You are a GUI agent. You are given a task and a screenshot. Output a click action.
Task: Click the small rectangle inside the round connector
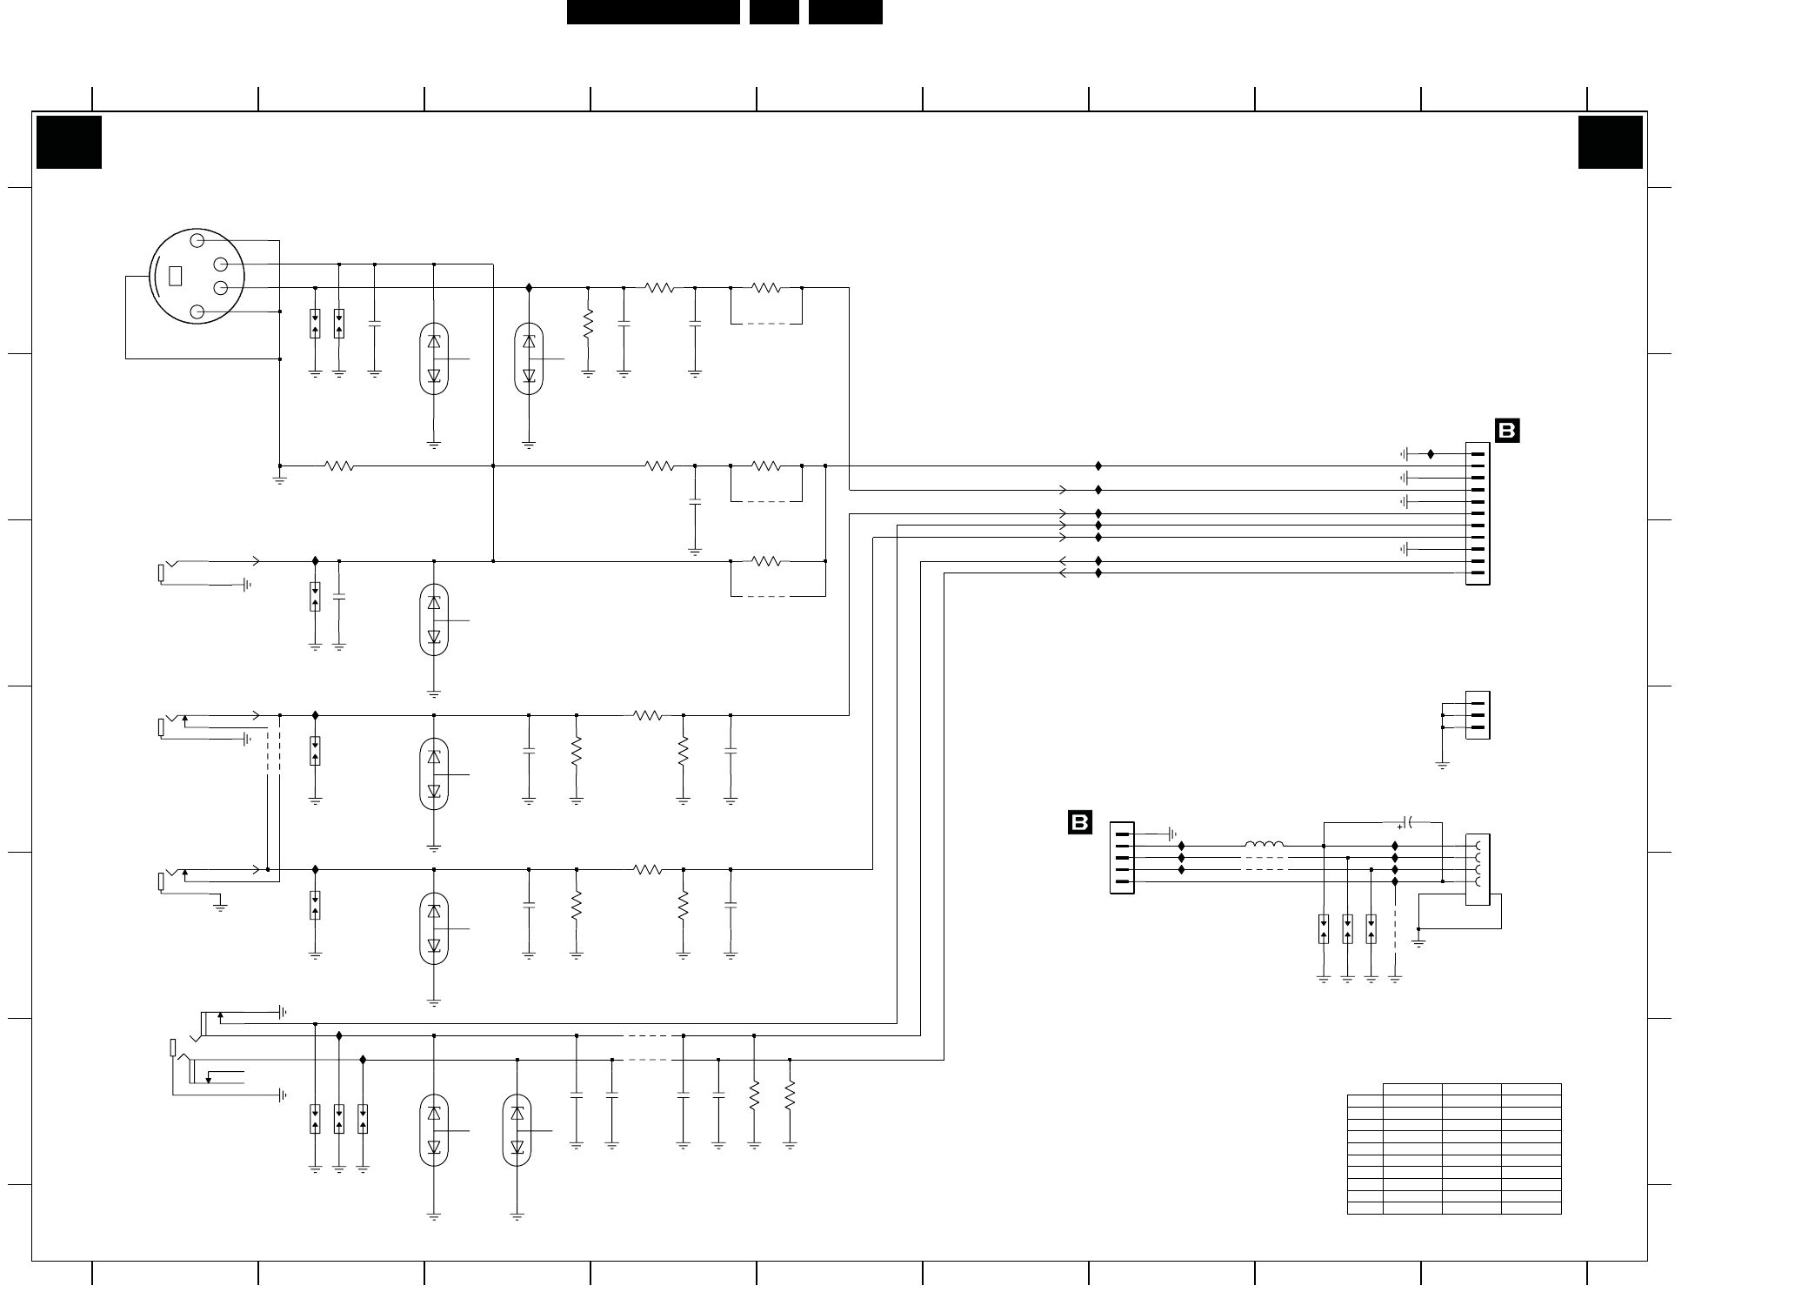point(175,275)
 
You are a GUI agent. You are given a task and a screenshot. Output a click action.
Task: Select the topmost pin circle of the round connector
point(197,240)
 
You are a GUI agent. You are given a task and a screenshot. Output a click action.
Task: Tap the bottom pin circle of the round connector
point(197,311)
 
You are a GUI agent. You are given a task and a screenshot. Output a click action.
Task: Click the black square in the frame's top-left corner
point(69,142)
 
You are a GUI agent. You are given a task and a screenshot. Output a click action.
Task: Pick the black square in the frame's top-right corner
point(1611,142)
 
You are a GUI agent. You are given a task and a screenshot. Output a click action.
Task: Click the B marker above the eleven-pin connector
point(1507,431)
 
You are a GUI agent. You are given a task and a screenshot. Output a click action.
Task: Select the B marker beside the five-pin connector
point(1079,822)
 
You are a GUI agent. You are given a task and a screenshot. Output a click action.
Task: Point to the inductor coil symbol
point(1264,844)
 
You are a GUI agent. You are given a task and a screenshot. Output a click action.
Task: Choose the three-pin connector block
point(1478,715)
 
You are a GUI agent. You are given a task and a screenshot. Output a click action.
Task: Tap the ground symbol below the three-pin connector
point(1442,766)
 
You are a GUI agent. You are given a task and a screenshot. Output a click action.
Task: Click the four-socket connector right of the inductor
point(1478,869)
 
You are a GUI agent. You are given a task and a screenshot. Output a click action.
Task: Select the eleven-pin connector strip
point(1478,513)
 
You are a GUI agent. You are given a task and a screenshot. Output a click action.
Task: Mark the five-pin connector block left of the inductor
point(1122,858)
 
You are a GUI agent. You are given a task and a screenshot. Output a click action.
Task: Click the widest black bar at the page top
point(653,11)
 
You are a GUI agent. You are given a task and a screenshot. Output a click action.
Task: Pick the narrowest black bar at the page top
point(774,11)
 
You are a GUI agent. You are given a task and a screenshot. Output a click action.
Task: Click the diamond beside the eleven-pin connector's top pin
point(1431,454)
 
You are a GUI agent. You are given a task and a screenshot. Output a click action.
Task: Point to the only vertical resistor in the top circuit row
point(588,324)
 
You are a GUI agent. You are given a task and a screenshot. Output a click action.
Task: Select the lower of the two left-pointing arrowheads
point(1062,573)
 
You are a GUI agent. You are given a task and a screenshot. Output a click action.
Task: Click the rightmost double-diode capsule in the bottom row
point(517,1130)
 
